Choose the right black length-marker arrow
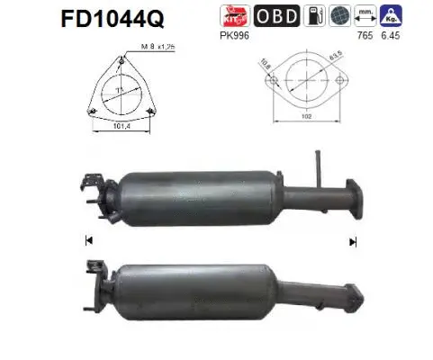[354, 241]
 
